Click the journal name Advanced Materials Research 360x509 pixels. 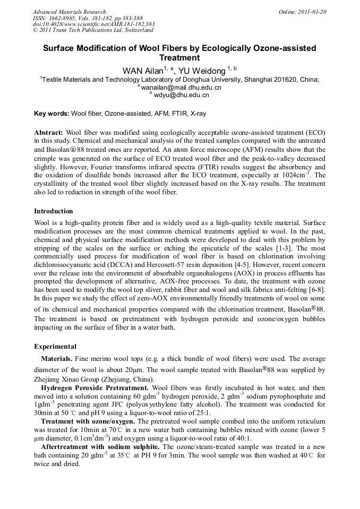[x=69, y=12]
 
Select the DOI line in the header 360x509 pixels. [x=93, y=24]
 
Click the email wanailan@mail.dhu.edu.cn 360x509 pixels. [x=181, y=87]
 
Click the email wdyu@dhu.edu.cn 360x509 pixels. [x=182, y=95]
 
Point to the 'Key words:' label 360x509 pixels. [x=52, y=114]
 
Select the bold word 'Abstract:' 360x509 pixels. [x=49, y=132]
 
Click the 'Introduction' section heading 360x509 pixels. [x=54, y=211]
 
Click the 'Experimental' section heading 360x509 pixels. [x=55, y=347]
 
